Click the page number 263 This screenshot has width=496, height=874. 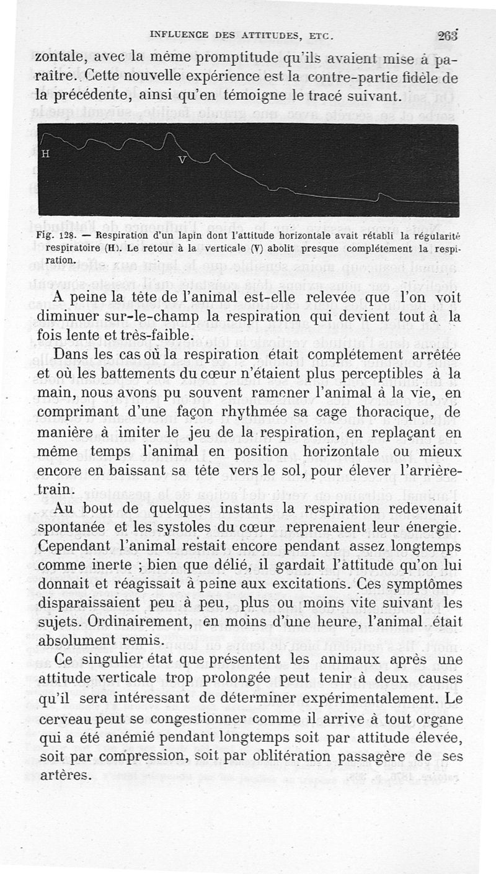tap(448, 35)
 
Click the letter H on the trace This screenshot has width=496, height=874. tap(45, 154)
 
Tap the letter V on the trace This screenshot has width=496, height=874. tap(182, 160)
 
